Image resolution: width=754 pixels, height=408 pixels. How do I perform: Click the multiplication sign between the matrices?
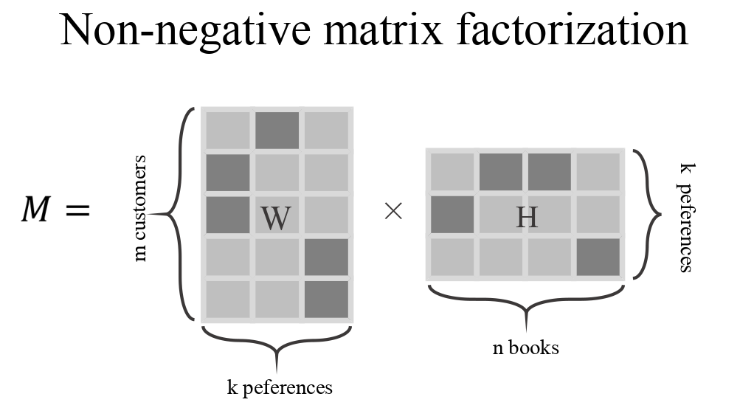coord(393,212)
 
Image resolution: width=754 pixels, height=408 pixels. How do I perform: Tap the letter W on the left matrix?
coord(276,218)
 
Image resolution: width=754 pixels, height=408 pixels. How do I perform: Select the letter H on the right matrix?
coord(526,217)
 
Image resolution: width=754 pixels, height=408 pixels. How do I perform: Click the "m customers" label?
coord(140,209)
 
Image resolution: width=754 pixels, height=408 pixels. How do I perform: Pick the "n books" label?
coord(525,347)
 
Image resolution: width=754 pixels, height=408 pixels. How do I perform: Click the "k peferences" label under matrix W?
coord(280,387)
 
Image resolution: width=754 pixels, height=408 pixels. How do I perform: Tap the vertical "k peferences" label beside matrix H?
coord(685,218)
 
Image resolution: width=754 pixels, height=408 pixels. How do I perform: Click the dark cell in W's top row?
coord(277,130)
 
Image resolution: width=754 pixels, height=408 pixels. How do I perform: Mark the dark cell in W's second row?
coord(228,172)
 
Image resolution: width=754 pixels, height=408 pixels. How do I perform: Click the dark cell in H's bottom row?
coord(598,256)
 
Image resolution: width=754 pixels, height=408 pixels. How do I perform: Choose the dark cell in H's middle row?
coord(452,215)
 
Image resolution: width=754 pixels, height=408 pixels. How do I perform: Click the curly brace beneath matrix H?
coord(525,302)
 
